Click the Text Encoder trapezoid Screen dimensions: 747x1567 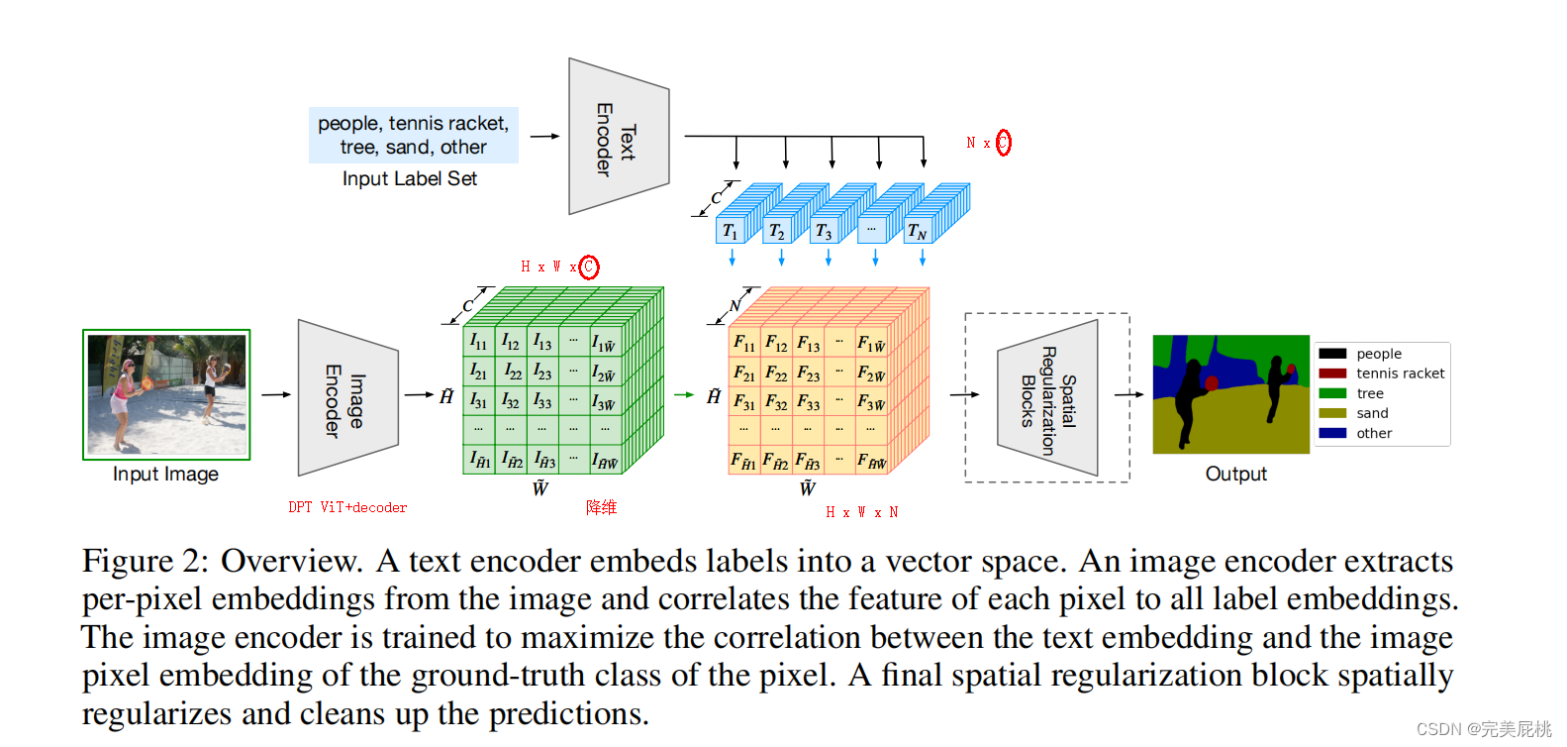(x=618, y=137)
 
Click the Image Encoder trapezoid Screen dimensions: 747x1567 (x=346, y=397)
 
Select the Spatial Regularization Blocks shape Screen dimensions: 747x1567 (x=1048, y=398)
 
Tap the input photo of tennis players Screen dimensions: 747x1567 (x=166, y=394)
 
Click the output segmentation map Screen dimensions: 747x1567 (x=1230, y=394)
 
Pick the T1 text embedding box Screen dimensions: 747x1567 (x=730, y=232)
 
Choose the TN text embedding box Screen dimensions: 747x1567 (x=917, y=232)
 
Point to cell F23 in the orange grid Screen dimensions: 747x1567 (x=808, y=373)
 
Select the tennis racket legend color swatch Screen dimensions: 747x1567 (x=1332, y=373)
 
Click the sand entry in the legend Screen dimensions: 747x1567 (x=1372, y=413)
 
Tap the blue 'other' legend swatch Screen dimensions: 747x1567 (x=1332, y=433)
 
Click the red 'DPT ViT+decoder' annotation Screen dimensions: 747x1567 (x=347, y=507)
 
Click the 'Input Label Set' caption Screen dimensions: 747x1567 (x=409, y=178)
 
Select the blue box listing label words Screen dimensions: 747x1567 (x=413, y=135)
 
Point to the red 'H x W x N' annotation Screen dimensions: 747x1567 (x=861, y=512)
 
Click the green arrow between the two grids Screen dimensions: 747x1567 (x=684, y=394)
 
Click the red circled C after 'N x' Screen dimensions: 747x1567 (x=1003, y=143)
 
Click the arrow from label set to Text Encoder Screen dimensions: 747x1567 (x=544, y=136)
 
